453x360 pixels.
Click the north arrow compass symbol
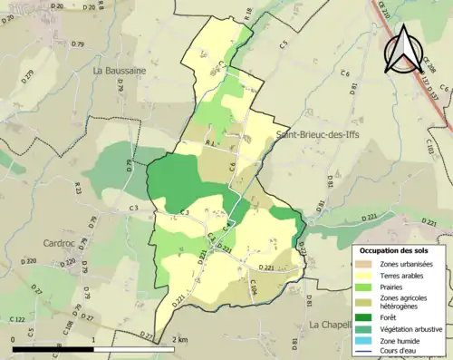point(401,49)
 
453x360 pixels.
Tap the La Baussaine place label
point(120,70)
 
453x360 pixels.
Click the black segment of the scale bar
point(53,348)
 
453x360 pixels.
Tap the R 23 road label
point(78,189)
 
